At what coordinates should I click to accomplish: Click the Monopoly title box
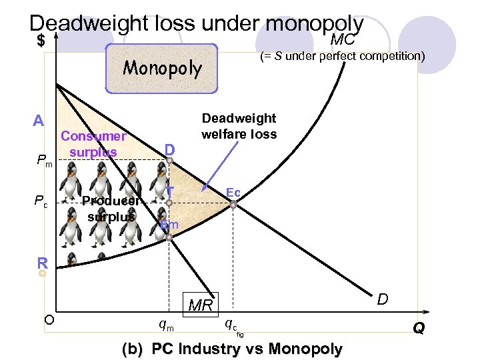pyautogui.click(x=162, y=69)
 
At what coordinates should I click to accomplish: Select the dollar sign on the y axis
pyautogui.click(x=41, y=41)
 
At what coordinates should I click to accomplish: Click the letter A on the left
pyautogui.click(x=39, y=121)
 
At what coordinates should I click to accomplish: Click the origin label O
pyautogui.click(x=49, y=319)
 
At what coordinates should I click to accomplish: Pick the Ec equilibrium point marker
pyautogui.click(x=233, y=205)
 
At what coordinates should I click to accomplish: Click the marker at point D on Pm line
pyautogui.click(x=170, y=161)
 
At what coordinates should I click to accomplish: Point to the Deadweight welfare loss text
pyautogui.click(x=239, y=126)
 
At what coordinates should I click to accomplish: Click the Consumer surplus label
pyautogui.click(x=93, y=144)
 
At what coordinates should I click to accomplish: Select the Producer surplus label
pyautogui.click(x=111, y=208)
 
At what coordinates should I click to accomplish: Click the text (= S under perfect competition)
pyautogui.click(x=342, y=56)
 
